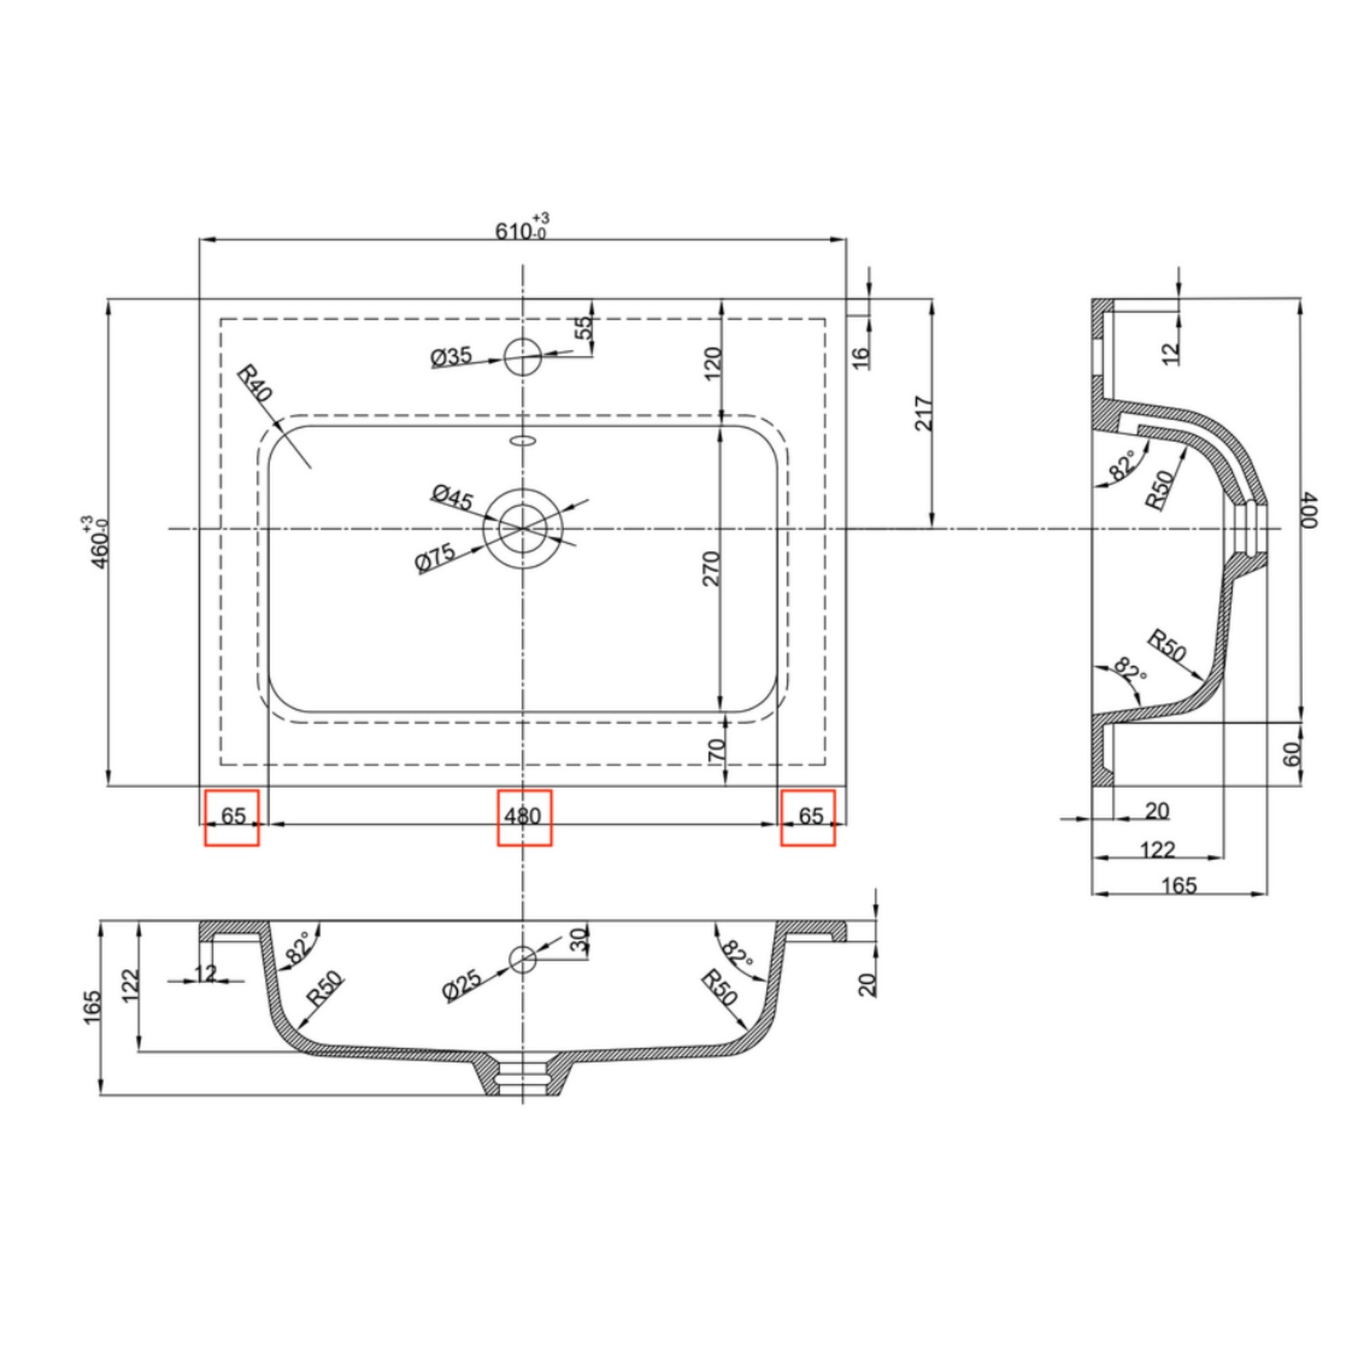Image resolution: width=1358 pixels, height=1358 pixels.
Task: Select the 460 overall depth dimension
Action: click(96, 542)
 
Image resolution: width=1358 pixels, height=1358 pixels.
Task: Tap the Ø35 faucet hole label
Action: click(451, 357)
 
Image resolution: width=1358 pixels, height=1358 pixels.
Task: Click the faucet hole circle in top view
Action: click(522, 356)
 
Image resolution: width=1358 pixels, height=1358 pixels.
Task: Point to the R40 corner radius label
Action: click(255, 383)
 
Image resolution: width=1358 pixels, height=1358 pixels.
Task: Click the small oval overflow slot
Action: click(522, 441)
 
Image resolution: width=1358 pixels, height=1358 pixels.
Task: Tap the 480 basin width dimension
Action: click(523, 816)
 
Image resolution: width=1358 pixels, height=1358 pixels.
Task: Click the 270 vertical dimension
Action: click(712, 568)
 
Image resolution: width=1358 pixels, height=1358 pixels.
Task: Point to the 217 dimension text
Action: click(923, 414)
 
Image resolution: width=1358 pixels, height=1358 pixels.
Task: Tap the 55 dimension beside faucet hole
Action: click(583, 327)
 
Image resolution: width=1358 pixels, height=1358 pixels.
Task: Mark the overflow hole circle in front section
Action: click(521, 959)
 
